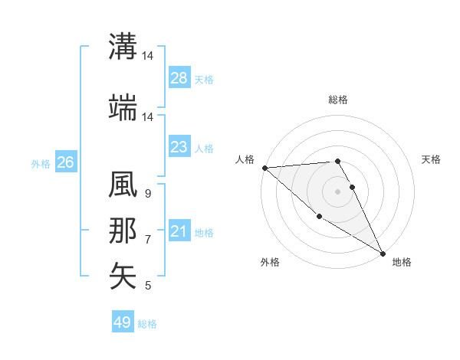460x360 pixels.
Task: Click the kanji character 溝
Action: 123,46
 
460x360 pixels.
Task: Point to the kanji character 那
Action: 123,231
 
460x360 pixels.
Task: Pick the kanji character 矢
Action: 123,276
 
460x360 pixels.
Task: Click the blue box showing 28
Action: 179,78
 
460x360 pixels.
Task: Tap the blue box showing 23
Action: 179,147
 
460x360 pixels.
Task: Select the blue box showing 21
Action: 179,231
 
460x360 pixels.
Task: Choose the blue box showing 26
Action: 65,162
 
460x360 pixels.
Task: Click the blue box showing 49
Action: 123,322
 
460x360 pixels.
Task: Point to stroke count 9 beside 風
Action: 147,195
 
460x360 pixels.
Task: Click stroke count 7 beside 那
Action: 147,240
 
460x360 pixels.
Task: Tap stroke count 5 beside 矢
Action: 147,286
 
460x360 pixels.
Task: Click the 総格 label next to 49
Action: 147,324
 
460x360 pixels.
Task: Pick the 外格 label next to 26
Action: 41,163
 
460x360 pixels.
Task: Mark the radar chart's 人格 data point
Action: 264,168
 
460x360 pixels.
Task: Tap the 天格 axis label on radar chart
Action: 432,159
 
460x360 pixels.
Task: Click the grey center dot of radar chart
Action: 337,191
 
